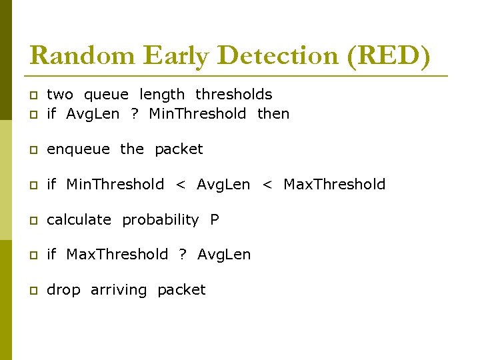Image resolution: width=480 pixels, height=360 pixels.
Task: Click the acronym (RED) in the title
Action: [389, 55]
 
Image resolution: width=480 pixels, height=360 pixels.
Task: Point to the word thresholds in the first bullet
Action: [233, 95]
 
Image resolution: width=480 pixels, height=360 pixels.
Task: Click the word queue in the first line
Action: [107, 95]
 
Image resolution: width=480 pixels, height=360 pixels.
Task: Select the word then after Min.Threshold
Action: [273, 113]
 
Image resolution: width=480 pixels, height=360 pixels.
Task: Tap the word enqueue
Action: [78, 149]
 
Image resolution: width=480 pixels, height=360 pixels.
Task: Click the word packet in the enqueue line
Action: [179, 149]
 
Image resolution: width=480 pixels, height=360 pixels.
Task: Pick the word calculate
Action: [79, 219]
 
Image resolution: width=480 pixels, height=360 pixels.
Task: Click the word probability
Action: [160, 219]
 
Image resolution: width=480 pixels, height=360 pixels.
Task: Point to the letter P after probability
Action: [214, 219]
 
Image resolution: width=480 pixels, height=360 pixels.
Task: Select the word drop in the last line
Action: [63, 290]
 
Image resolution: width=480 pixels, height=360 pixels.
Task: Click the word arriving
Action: [119, 290]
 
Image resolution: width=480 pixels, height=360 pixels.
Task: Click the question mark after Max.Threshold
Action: [183, 254]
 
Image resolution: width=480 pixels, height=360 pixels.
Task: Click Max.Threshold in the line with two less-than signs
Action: [334, 184]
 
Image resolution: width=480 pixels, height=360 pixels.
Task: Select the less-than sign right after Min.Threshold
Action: [180, 185]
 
